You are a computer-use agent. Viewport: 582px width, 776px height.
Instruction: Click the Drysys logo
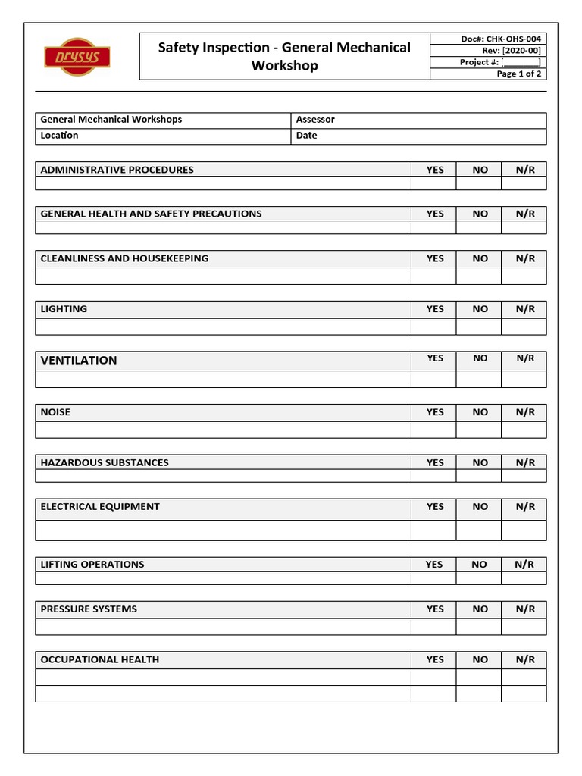77,57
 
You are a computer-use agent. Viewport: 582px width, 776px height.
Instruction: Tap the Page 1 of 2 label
519,74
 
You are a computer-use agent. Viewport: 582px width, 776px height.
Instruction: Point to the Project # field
500,62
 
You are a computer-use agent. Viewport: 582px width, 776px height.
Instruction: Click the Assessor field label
315,120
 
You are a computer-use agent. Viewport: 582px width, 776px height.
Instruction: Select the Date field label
307,136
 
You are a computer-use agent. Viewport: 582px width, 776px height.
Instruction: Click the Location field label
59,136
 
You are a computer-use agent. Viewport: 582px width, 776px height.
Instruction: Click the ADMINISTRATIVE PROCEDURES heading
117,170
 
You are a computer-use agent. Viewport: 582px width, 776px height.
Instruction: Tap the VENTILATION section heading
79,361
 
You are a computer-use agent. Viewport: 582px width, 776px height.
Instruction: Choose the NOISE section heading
55,412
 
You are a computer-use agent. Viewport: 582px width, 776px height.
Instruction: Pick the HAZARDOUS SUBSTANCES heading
105,462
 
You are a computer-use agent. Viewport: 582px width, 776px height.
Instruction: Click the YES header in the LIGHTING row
435,309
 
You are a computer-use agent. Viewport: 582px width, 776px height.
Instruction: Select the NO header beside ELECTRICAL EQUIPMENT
480,507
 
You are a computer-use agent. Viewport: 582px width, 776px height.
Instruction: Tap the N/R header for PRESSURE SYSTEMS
525,609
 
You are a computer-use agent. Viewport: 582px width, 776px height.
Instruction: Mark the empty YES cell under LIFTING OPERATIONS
433,578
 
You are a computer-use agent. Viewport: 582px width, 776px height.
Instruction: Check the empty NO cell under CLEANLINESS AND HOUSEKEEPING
479,276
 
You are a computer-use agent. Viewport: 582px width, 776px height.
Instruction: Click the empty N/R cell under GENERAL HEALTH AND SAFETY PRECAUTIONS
524,227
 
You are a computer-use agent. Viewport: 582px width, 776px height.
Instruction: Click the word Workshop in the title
284,66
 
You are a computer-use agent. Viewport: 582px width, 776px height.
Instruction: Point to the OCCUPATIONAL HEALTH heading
100,659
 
